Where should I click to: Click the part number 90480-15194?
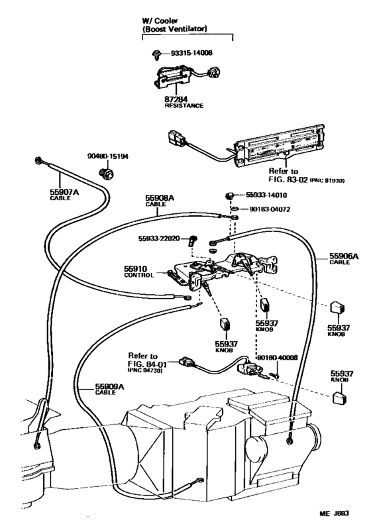(108, 156)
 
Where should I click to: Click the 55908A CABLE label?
(160, 201)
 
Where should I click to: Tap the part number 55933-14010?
(266, 196)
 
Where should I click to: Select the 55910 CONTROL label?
(138, 272)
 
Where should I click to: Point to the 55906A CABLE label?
(343, 258)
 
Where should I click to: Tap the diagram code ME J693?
(339, 513)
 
